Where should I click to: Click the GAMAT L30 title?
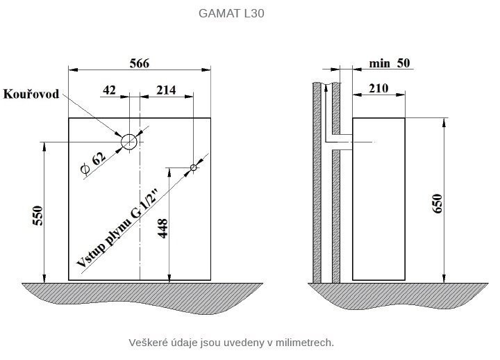[x=231, y=13]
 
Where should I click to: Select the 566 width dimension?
[x=140, y=63]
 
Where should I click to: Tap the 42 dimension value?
[x=109, y=90]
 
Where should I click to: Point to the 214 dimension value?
[x=166, y=90]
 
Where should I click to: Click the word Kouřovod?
[x=31, y=94]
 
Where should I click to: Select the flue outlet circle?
[x=129, y=134]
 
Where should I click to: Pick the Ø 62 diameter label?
[x=93, y=163]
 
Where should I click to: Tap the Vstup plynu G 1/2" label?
[x=117, y=228]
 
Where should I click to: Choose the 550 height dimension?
[x=38, y=215]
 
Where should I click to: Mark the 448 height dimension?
[x=162, y=229]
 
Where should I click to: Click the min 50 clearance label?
[x=390, y=63]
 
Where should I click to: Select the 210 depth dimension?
[x=378, y=88]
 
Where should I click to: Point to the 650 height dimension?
[x=437, y=204]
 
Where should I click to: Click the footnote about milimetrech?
[x=231, y=343]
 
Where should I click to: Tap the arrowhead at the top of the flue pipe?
[x=326, y=88]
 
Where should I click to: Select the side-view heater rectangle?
[x=352, y=199]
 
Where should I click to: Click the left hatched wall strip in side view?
[x=317, y=183]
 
